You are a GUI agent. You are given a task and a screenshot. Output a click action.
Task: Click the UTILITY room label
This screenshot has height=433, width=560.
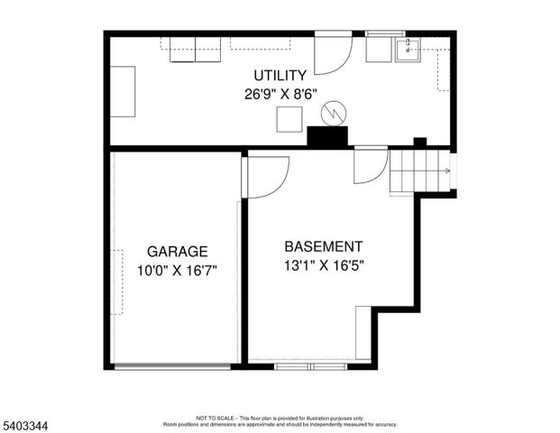(x=280, y=76)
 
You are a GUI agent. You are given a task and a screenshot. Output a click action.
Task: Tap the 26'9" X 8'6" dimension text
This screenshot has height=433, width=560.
(x=280, y=93)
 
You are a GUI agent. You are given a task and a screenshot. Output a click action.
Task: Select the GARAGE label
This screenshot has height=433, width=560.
(x=178, y=252)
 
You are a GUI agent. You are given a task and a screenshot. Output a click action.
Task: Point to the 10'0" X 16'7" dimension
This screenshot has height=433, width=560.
(x=178, y=269)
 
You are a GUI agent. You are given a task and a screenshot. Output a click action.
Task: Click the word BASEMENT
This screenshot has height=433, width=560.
(x=324, y=246)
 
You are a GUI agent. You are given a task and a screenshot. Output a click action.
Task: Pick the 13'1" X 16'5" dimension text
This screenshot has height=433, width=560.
(x=324, y=265)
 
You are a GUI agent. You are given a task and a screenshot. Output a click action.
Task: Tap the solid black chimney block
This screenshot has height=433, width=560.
(x=327, y=136)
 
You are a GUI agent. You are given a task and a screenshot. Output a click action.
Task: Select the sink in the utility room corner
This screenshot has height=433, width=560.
(x=408, y=49)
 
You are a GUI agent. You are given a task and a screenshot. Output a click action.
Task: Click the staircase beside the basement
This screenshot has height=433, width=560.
(x=420, y=170)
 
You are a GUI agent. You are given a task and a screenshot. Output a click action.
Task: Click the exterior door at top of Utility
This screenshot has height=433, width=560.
(x=332, y=54)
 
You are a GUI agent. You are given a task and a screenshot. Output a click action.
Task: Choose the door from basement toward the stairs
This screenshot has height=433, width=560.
(x=370, y=164)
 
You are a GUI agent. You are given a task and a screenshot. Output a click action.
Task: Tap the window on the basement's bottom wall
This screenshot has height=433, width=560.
(x=309, y=366)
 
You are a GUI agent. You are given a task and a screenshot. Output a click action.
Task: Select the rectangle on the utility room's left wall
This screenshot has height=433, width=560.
(x=123, y=91)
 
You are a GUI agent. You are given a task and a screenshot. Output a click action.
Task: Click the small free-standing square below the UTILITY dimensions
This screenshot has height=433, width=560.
(x=289, y=119)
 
